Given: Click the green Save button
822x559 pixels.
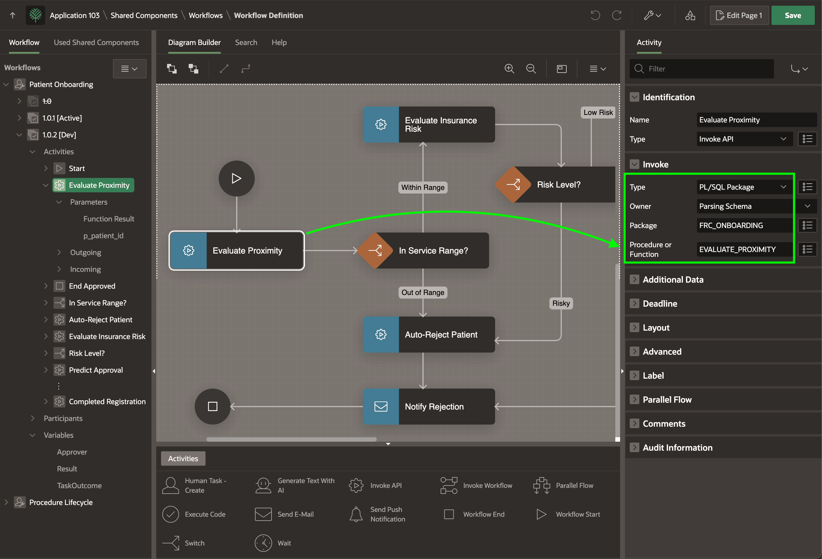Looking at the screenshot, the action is tap(793, 15).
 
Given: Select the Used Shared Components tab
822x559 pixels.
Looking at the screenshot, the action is tap(96, 42).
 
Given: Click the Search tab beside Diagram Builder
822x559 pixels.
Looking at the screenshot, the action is tap(246, 42).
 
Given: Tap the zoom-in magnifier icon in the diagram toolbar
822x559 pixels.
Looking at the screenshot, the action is tap(509, 68).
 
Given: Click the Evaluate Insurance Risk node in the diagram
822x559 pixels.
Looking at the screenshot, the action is tap(429, 125).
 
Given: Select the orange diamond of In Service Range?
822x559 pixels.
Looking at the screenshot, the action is tap(375, 251).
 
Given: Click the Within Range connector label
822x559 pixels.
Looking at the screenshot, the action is tap(423, 187).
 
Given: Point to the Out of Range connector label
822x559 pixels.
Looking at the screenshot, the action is tap(423, 293).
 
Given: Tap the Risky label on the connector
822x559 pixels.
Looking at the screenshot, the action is tap(561, 303).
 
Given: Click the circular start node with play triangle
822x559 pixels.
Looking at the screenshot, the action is tap(237, 179).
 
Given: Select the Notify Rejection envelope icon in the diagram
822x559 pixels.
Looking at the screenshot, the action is tap(381, 406).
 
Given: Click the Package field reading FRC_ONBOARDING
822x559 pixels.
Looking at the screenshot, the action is tap(744, 225).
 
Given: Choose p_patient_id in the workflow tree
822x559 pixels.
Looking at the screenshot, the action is tap(103, 236).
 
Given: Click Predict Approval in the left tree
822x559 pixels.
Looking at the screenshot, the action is tap(96, 370).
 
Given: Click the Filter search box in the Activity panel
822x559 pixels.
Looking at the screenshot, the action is tap(702, 68).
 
